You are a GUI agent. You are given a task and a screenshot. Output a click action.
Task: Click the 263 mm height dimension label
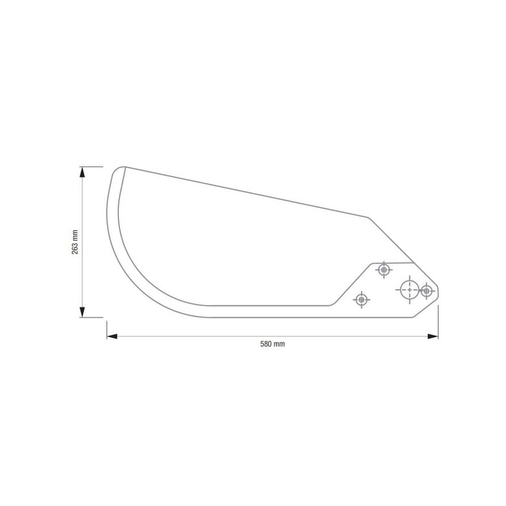pos(75,242)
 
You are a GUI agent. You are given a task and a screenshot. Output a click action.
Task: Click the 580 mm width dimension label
pos(273,344)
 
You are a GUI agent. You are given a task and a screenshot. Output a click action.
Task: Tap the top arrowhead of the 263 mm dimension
pos(82,172)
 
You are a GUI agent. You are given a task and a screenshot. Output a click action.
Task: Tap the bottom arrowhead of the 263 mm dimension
pos(82,312)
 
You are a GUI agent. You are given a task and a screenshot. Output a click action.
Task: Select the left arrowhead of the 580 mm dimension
pos(112,336)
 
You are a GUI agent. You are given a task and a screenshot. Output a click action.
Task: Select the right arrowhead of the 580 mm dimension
pos(433,336)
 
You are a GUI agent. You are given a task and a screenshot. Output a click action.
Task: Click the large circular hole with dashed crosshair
pos(409,290)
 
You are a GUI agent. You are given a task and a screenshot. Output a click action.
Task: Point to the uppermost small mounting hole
pos(384,269)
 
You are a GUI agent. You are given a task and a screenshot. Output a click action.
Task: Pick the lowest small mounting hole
pos(361,300)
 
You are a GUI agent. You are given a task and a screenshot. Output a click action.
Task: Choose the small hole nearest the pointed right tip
pos(426,291)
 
